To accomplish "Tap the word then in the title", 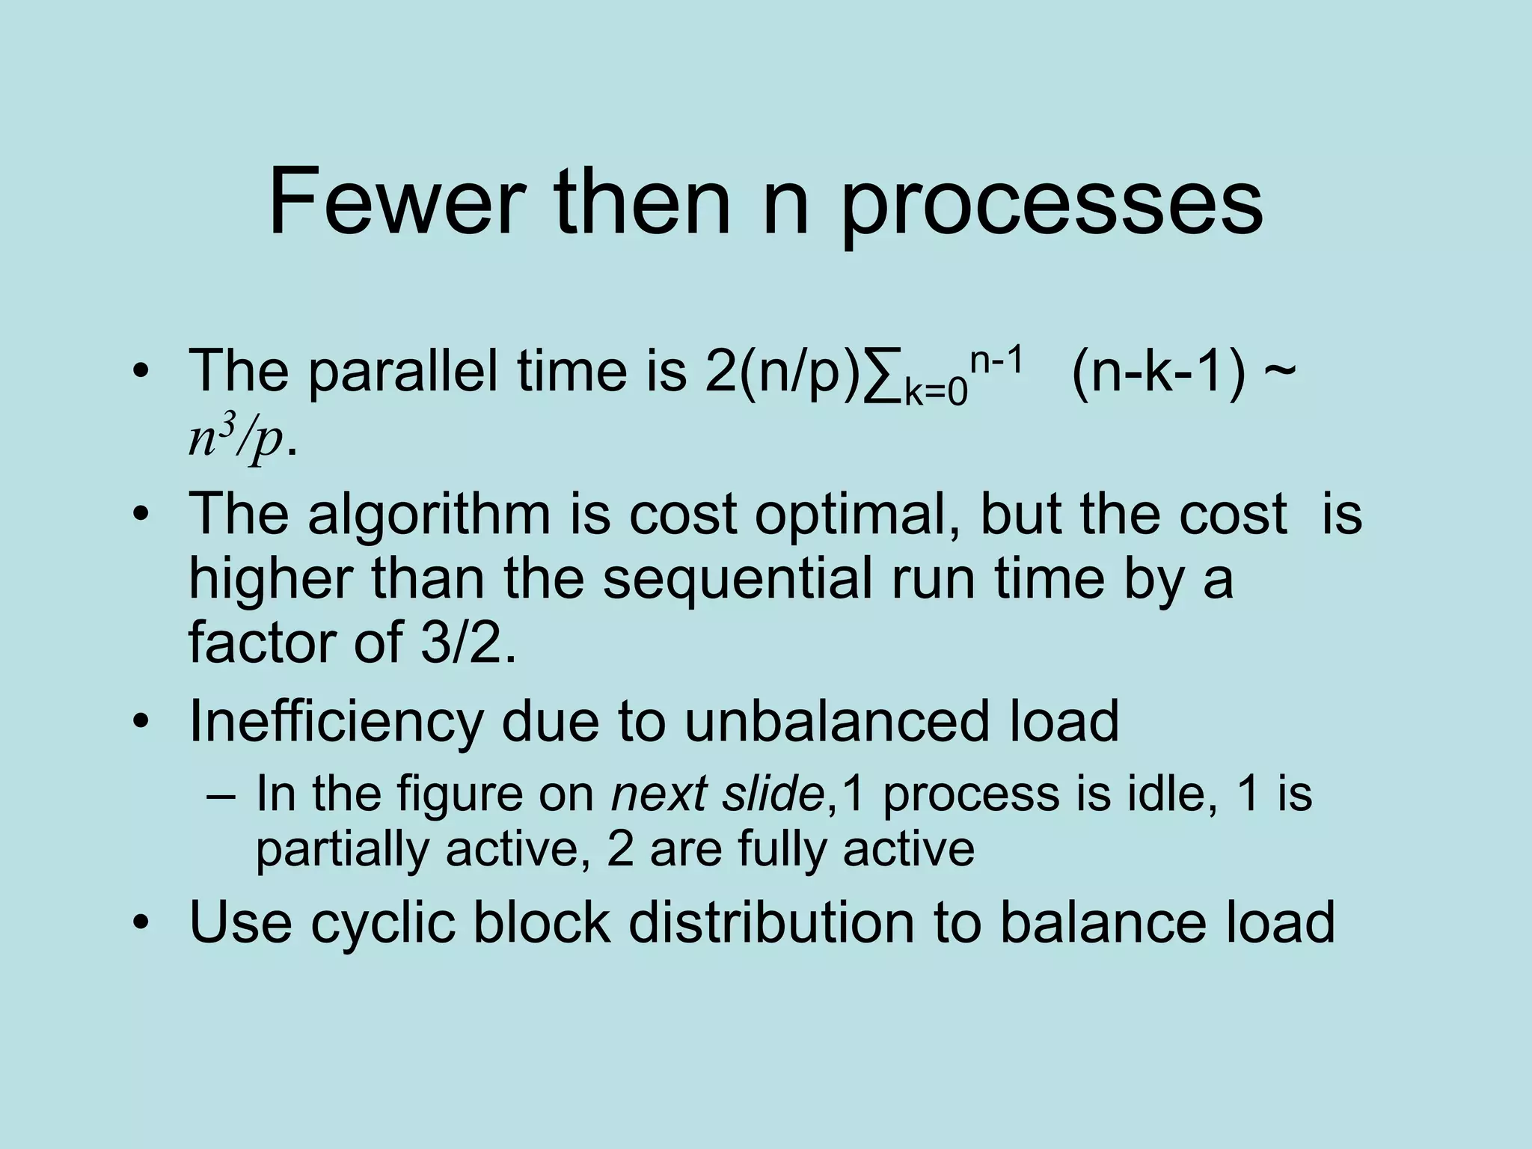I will click(643, 203).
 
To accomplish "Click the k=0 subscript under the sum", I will click(936, 393).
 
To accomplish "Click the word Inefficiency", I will click(336, 721).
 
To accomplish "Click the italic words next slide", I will click(717, 794).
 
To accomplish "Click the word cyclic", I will click(383, 922).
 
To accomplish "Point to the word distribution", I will click(771, 922).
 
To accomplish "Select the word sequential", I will click(737, 580).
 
